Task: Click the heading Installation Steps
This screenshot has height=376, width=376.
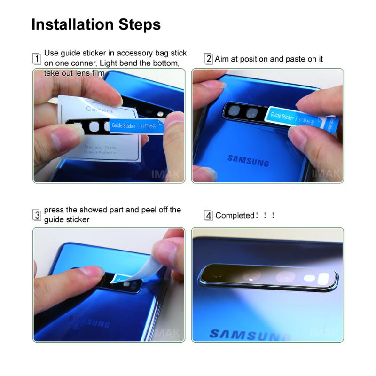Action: coord(96,24)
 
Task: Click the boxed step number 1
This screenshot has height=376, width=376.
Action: coord(37,59)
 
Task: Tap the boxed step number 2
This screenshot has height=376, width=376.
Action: coord(208,59)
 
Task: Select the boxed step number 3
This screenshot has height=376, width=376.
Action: coord(37,215)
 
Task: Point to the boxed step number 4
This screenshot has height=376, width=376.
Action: coord(208,216)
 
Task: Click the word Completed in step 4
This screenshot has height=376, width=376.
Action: coord(234,216)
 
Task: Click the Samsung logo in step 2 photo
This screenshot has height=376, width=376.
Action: coord(248,160)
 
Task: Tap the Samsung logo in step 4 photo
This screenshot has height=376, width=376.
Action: coord(249,335)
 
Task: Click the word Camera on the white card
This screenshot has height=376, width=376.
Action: coord(99,110)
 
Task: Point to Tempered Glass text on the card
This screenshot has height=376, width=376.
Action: coord(101,148)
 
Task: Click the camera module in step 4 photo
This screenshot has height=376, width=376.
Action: coord(268,277)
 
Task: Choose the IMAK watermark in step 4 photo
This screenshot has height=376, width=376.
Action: coord(324,333)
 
